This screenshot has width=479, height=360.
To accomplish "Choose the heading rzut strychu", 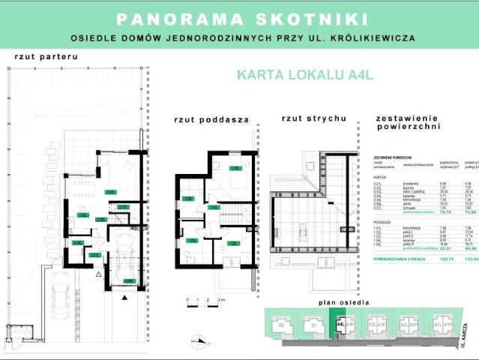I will (x=313, y=118).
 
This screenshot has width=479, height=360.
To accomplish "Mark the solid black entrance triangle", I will (x=124, y=296).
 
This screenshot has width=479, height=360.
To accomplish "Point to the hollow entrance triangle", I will (x=98, y=274).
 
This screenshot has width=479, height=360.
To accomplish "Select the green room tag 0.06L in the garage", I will (x=130, y=281).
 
